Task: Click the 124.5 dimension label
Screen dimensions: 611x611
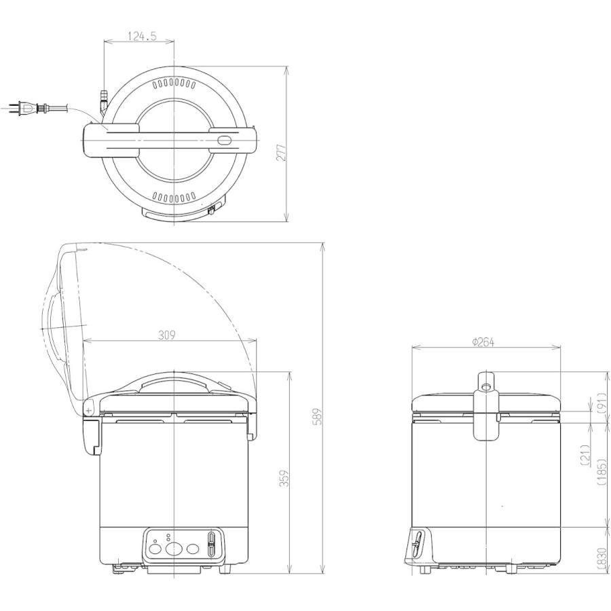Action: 142,36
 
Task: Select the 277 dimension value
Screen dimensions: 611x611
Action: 281,152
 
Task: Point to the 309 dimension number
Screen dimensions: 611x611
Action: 167,335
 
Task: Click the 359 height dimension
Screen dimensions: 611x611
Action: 284,478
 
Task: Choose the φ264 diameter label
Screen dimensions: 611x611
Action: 483,341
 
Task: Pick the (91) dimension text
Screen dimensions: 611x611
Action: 602,402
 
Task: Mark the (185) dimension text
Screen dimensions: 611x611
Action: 602,471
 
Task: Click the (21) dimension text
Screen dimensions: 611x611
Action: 585,455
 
